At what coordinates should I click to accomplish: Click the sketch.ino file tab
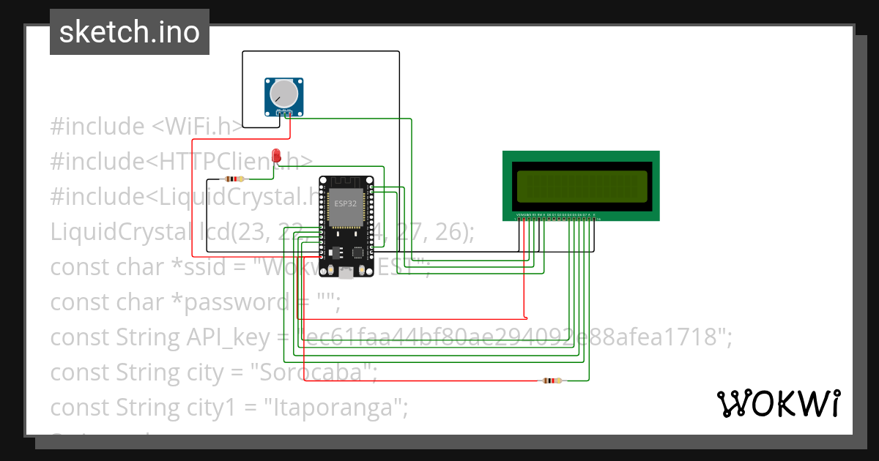130,32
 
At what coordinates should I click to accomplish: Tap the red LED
276,155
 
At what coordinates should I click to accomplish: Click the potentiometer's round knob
283,93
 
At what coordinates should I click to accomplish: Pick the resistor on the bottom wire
550,381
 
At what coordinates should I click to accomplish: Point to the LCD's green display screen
582,186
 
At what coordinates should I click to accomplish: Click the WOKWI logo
778,403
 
